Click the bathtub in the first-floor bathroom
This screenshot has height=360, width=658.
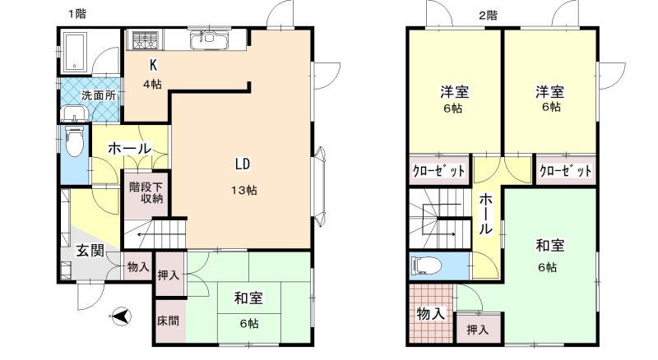pos(76,51)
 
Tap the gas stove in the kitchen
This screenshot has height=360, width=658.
pos(146,40)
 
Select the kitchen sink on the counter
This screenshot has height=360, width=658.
pos(211,41)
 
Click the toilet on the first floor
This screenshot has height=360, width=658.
pos(75,142)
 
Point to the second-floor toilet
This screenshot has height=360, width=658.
pos(427,265)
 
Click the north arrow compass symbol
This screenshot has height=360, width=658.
pos(120,316)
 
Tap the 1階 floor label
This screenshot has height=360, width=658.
pos(77,14)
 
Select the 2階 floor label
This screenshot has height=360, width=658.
pos(489,16)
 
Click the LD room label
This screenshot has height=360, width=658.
pos(243,164)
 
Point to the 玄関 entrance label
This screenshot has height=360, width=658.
pos(90,251)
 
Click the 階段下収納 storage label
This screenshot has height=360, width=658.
pos(146,192)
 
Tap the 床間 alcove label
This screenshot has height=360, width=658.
pos(168,321)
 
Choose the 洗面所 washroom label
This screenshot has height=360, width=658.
pos(99,95)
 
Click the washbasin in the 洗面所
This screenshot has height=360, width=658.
pos(74,113)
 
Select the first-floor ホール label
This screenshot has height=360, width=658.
pos(130,149)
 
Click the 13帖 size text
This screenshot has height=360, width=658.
pos(244,190)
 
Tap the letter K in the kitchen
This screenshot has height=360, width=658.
pos(154,65)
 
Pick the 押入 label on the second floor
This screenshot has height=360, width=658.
pos(478,330)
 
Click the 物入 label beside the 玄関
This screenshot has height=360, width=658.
pos(138,266)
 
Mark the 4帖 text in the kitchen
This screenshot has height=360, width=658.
pos(152,85)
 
